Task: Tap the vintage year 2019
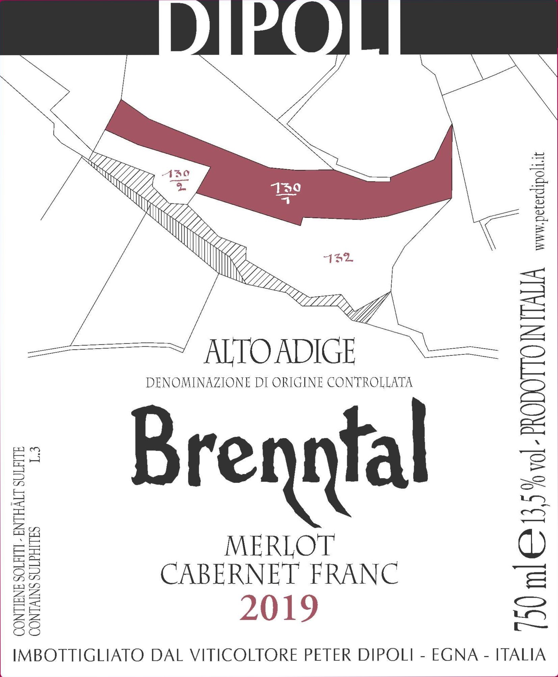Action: coord(279,609)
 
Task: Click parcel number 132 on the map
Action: coord(338,259)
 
